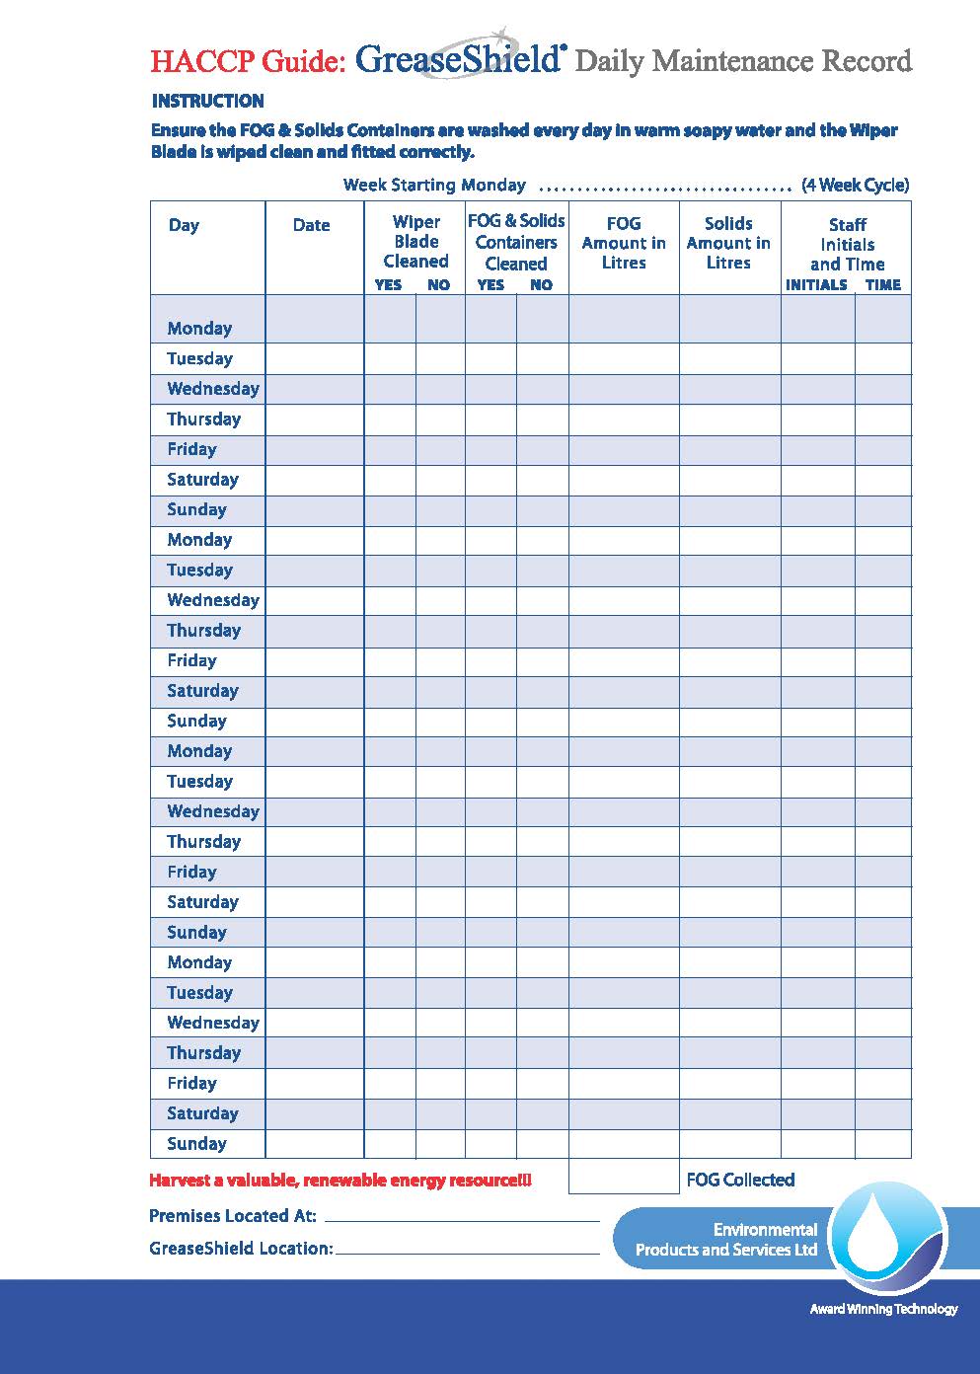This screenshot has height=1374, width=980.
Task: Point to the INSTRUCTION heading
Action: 208,101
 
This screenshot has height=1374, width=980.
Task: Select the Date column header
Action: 311,225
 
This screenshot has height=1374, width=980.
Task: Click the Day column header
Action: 184,225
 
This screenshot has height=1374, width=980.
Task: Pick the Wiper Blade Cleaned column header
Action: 415,242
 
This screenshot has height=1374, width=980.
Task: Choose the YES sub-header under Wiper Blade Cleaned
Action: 389,285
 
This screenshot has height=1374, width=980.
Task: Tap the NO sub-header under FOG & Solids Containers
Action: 541,285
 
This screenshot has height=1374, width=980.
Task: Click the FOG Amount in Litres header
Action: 624,243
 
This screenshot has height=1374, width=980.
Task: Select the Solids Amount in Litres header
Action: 728,243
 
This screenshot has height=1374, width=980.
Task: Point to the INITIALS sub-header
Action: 816,285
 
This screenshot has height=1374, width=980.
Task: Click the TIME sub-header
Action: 882,285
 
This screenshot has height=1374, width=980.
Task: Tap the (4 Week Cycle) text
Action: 855,185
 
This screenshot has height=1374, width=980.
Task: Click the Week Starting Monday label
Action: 434,185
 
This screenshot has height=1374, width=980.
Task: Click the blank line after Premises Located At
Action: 462,1218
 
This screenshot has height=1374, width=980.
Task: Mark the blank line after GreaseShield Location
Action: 468,1251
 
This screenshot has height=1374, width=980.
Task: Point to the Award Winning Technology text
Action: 883,1310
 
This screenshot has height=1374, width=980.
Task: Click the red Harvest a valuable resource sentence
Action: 339,1181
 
